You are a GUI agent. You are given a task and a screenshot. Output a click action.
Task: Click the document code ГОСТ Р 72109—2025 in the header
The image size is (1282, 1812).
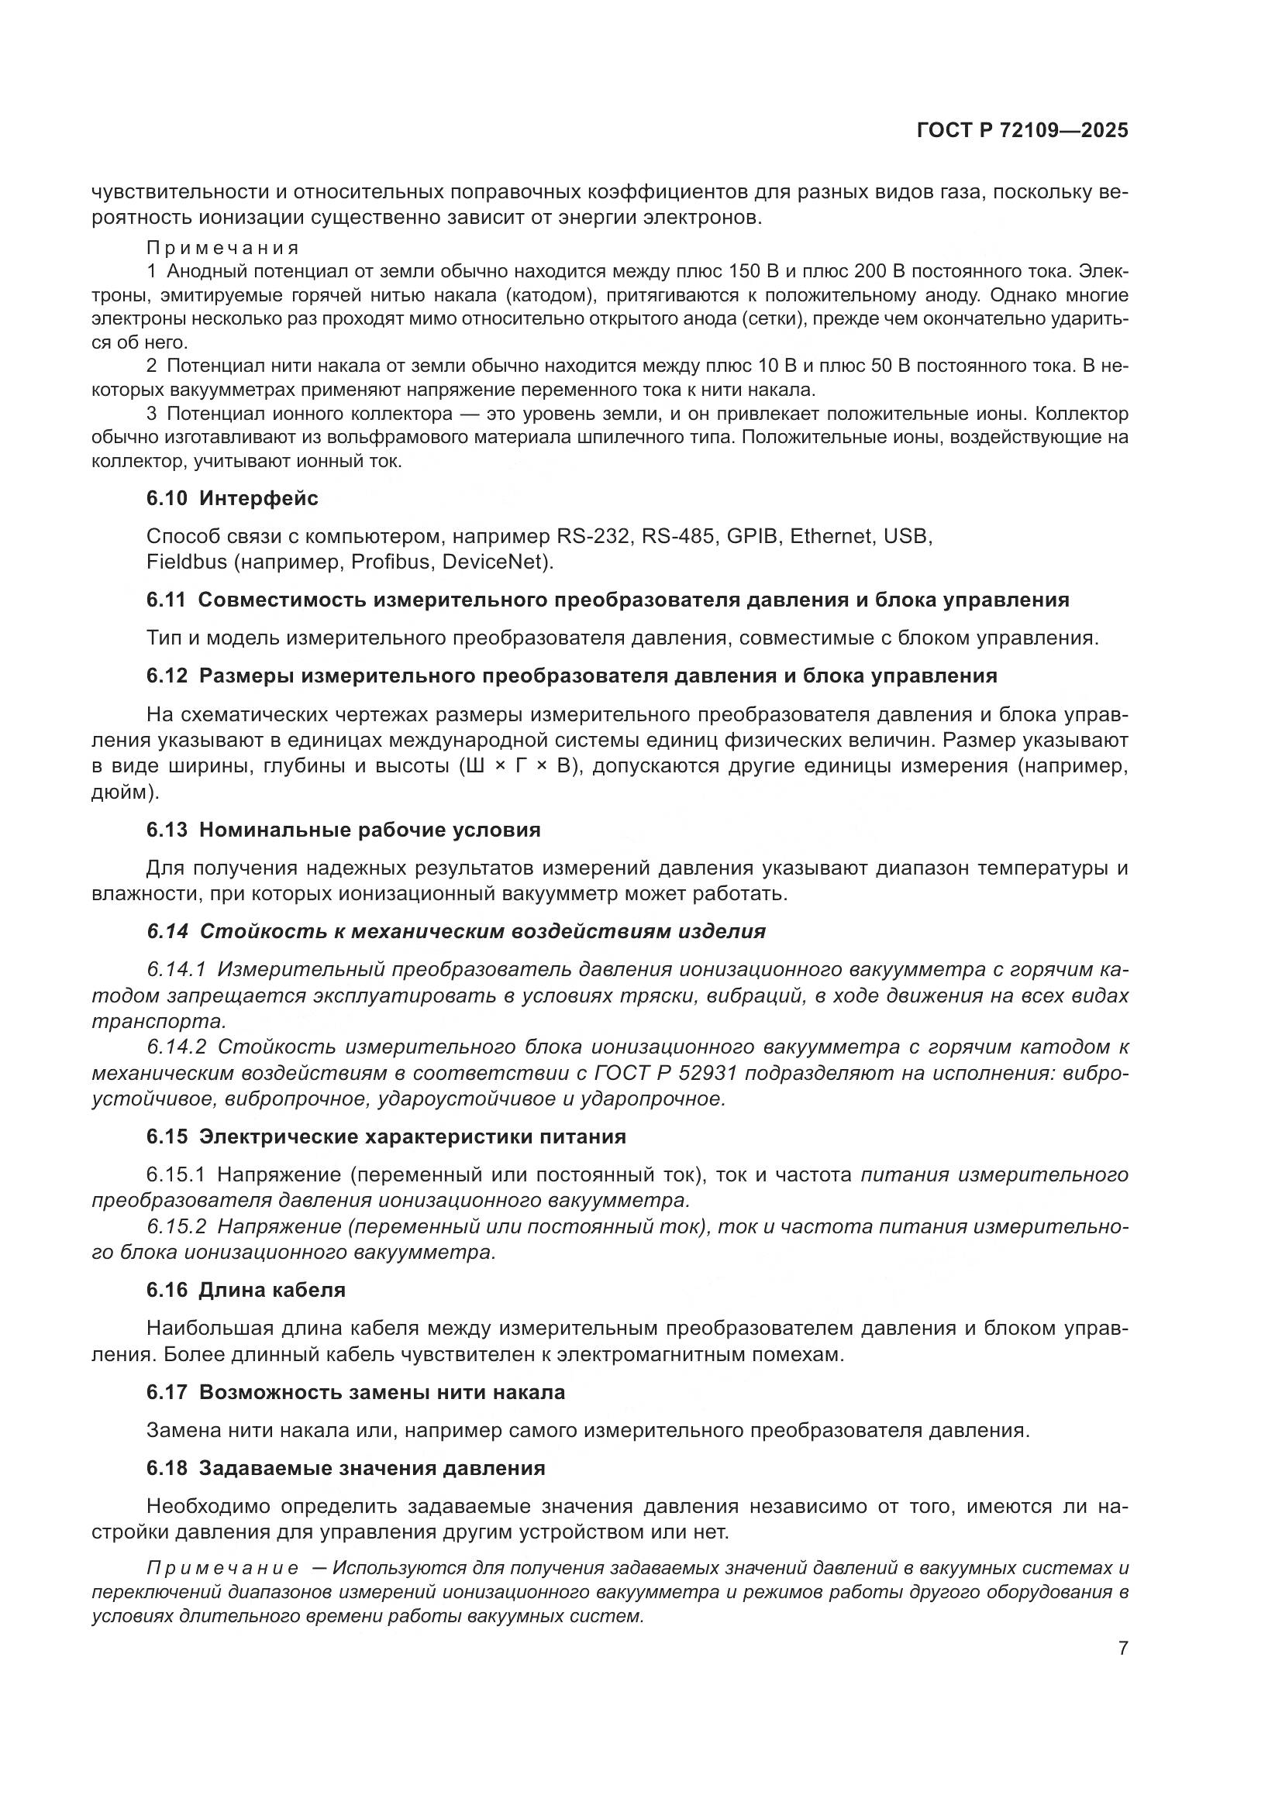(1022, 131)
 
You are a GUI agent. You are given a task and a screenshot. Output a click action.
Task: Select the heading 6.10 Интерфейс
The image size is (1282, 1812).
(232, 498)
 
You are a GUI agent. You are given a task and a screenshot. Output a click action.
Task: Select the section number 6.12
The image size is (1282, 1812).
(167, 676)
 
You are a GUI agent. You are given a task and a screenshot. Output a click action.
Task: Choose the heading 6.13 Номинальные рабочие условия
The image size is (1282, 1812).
(343, 830)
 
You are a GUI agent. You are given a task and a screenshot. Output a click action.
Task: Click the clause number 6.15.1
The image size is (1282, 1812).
(175, 1175)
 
